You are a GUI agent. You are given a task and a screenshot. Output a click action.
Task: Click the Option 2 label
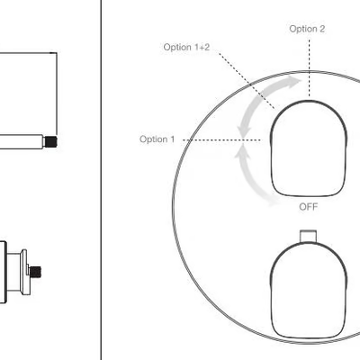click(x=307, y=29)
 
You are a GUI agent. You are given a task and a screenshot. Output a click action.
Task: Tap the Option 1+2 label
click(x=186, y=48)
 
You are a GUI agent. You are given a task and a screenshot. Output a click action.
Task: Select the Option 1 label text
click(x=157, y=139)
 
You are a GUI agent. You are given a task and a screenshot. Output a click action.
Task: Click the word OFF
click(x=309, y=207)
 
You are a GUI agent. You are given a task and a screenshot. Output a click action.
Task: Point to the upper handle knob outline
click(x=309, y=101)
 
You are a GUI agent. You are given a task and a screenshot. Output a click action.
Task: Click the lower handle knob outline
click(x=309, y=242)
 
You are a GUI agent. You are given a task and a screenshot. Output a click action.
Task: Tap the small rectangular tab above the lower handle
click(x=308, y=236)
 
